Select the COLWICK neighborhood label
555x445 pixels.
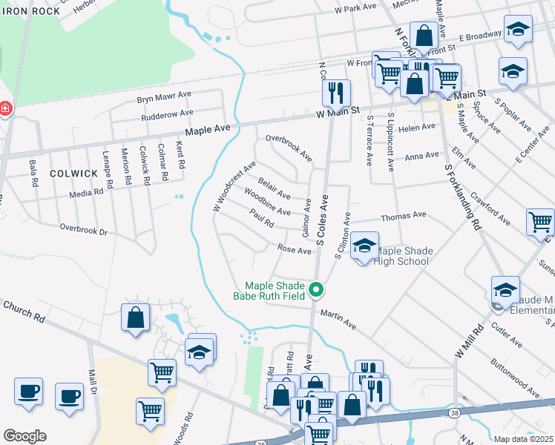coord(73,173)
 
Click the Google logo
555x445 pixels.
coord(24,436)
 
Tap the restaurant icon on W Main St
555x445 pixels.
coord(335,93)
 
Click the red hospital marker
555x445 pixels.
coord(5,109)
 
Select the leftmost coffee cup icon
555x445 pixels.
coord(28,392)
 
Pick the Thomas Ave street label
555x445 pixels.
coord(403,216)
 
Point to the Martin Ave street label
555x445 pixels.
coord(338,319)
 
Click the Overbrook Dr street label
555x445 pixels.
coord(84,230)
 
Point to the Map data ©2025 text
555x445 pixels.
coord(524,439)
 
